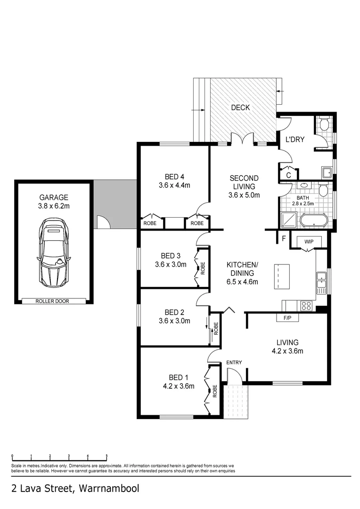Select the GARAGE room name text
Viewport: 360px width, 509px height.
click(x=54, y=198)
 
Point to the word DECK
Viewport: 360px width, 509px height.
click(x=240, y=107)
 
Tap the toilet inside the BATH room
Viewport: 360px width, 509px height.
click(x=323, y=190)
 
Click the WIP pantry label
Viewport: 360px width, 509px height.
click(x=309, y=241)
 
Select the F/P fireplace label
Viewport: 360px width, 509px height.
click(x=287, y=318)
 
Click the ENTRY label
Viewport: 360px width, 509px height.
click(x=234, y=362)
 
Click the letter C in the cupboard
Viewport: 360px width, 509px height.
click(x=288, y=174)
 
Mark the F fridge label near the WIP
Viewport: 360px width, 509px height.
click(x=284, y=238)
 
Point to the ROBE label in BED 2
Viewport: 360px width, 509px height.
click(x=216, y=328)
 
